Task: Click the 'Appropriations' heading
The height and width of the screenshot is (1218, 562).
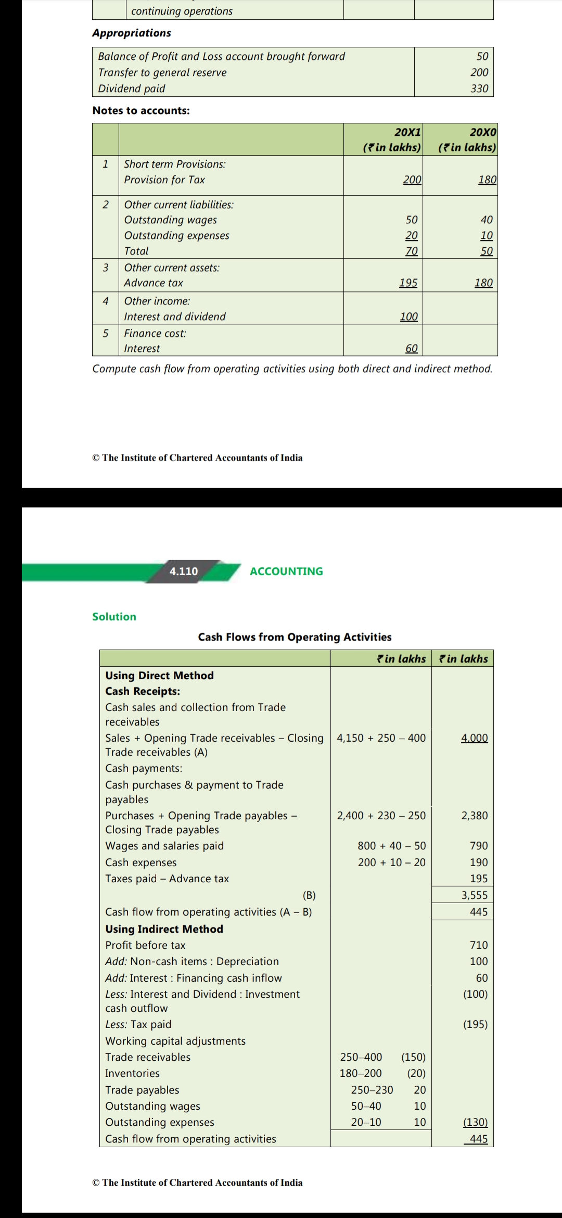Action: click(x=132, y=33)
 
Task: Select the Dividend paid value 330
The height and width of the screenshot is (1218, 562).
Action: click(x=479, y=88)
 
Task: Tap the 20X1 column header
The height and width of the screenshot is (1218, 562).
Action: click(x=408, y=132)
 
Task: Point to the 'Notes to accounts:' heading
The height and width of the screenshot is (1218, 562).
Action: click(x=141, y=110)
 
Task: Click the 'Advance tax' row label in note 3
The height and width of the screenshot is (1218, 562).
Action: click(x=154, y=283)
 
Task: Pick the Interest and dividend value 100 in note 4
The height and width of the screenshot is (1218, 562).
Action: click(x=408, y=316)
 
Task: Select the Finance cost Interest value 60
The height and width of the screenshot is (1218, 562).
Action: click(x=411, y=348)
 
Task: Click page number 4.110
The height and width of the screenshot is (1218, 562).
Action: click(x=184, y=571)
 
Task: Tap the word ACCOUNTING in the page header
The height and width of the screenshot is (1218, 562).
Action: click(x=286, y=571)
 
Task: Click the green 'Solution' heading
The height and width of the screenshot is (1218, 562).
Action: click(x=114, y=616)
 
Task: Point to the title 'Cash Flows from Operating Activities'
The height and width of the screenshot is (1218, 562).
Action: click(x=295, y=637)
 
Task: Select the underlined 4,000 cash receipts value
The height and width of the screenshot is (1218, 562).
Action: click(x=474, y=738)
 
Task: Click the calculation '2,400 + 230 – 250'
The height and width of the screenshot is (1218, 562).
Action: click(x=381, y=815)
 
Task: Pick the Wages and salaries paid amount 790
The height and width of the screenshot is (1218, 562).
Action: click(x=479, y=846)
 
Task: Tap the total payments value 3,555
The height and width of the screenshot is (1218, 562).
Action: click(x=474, y=895)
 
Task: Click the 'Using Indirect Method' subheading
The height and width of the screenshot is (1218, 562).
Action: click(x=164, y=929)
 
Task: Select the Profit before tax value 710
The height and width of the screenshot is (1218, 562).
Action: click(x=479, y=945)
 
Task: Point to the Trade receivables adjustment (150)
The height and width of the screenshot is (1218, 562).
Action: click(x=413, y=1057)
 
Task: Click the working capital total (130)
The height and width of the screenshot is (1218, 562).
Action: click(x=475, y=1122)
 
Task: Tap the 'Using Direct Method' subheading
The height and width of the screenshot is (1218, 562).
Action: click(x=159, y=675)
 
